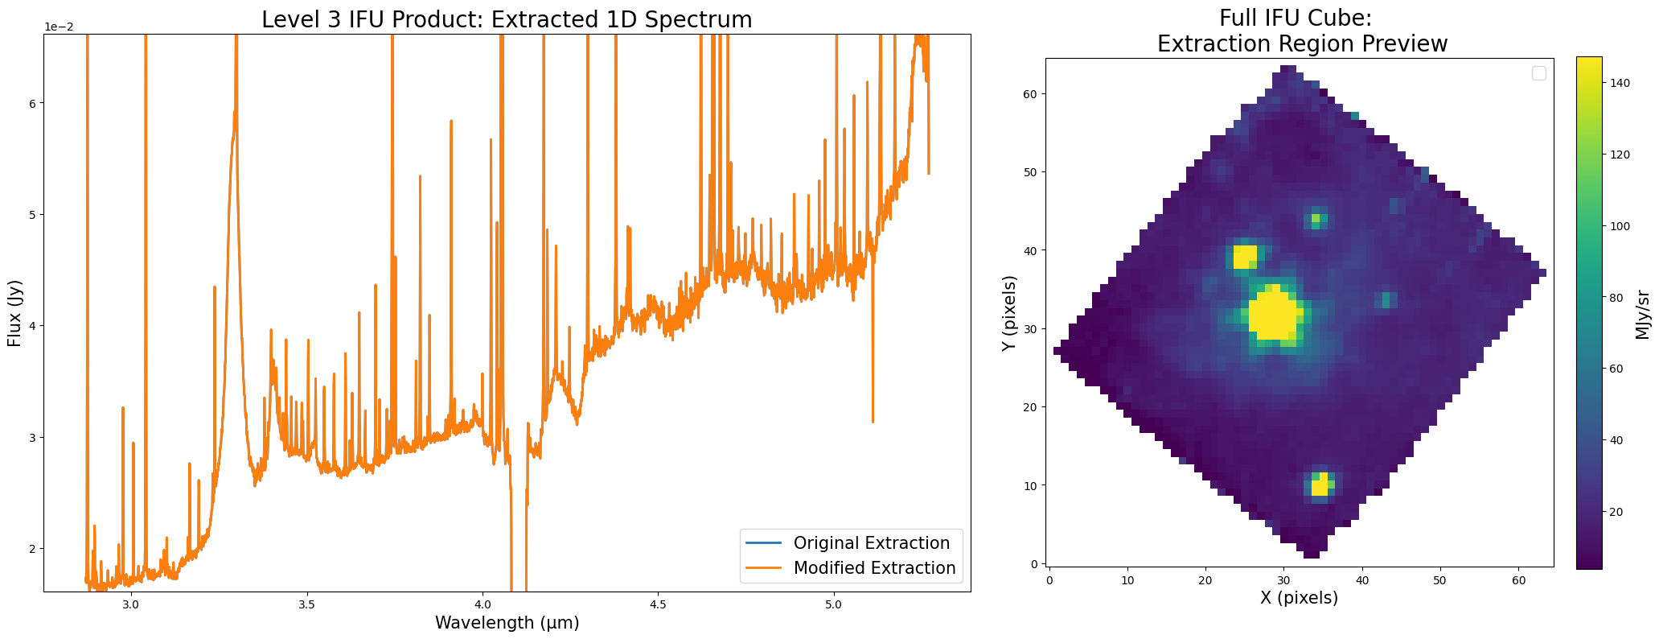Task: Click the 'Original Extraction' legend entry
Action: pos(871,543)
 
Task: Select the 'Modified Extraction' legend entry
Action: pos(874,568)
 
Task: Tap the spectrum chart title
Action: pos(507,19)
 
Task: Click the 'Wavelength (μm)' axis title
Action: pos(507,623)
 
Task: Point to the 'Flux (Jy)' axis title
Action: pos(14,313)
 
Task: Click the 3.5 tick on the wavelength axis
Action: pos(306,604)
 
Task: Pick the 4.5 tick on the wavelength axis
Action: pos(658,604)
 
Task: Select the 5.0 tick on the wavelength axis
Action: pos(834,604)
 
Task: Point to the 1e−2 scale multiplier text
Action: pos(58,27)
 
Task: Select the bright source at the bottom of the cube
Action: pos(1320,484)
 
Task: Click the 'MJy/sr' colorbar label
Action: pos(1642,314)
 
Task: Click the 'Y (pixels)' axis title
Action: pos(1010,313)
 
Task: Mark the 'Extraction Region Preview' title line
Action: pos(1302,44)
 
